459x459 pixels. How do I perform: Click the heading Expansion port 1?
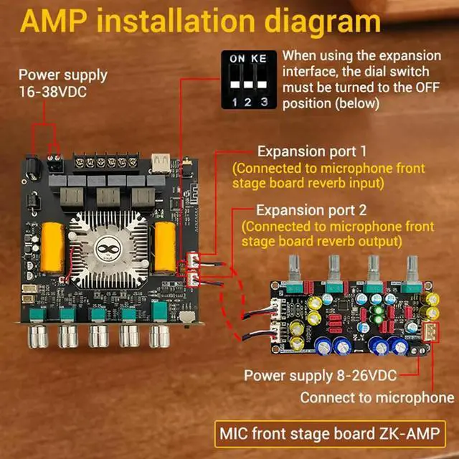click(311, 152)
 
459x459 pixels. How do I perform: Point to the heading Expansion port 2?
click(311, 210)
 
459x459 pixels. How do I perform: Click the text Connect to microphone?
click(377, 397)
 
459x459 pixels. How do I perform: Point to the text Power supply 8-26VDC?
click(320, 374)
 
